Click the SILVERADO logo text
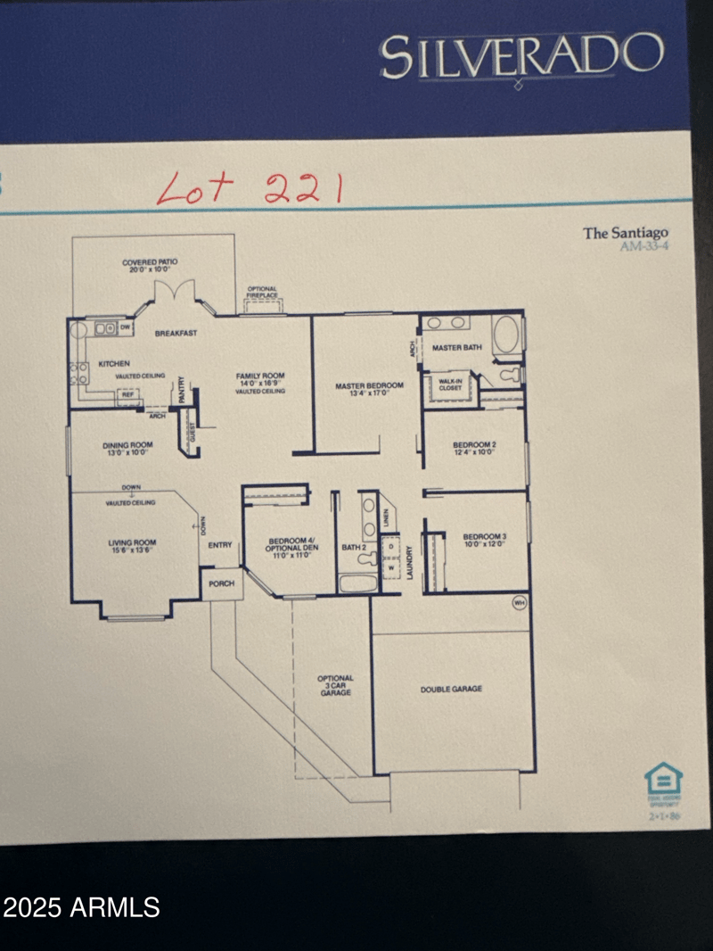click(521, 56)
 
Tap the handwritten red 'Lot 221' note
click(249, 187)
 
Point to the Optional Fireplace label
click(262, 293)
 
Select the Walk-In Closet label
click(450, 385)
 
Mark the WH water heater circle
click(520, 604)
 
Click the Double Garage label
click(451, 689)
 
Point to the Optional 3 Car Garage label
click(335, 685)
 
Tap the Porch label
click(220, 584)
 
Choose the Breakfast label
click(176, 333)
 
